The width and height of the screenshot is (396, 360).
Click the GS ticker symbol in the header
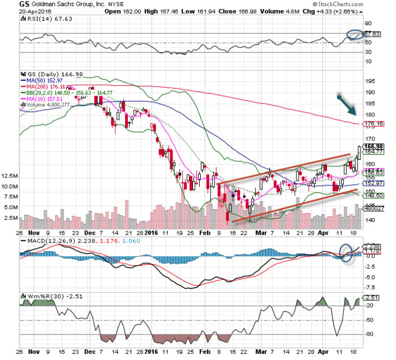tap(9, 4)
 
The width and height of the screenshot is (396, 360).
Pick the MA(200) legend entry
tap(44, 86)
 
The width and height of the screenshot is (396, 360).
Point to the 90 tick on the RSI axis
tap(367, 23)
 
